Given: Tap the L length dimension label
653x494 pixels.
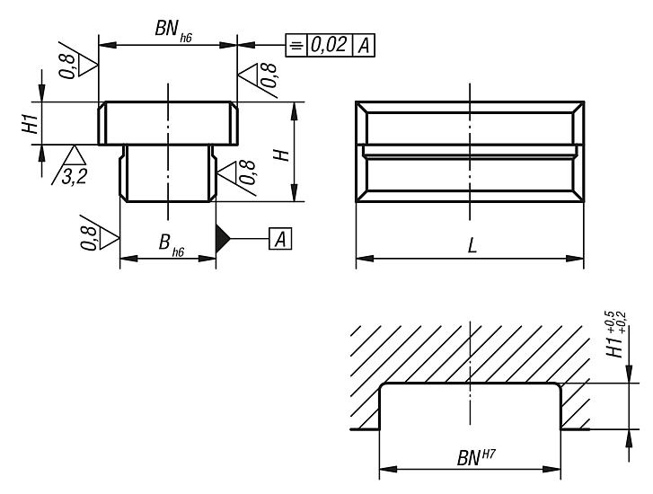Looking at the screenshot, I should pyautogui.click(x=472, y=247).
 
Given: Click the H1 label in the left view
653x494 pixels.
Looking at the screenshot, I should pyautogui.click(x=30, y=124).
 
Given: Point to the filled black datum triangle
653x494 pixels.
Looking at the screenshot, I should pyautogui.click(x=223, y=239).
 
